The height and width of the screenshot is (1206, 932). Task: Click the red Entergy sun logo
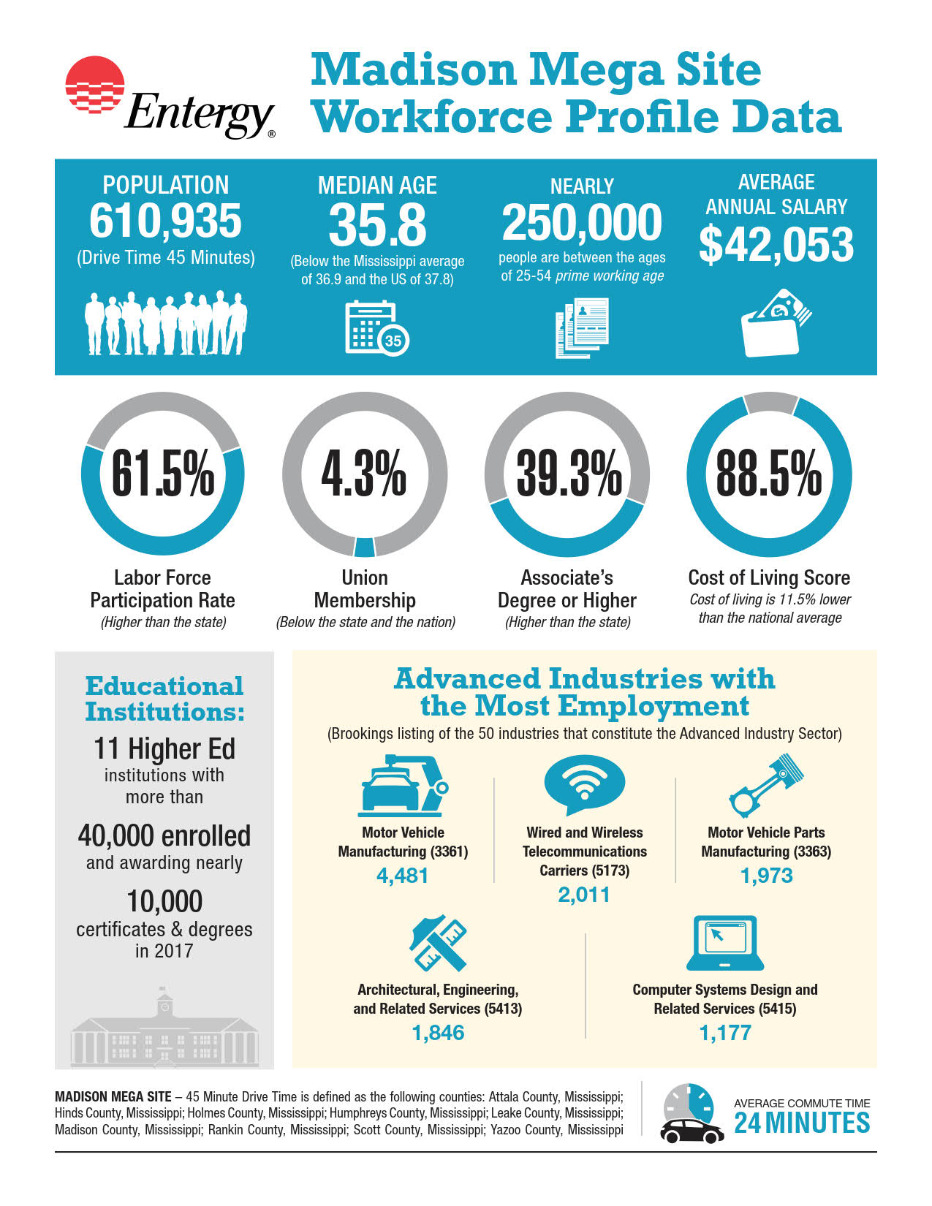tap(94, 84)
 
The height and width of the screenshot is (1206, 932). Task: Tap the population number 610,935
tap(165, 221)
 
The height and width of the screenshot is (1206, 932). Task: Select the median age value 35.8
tap(377, 225)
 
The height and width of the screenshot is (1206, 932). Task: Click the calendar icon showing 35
tap(377, 327)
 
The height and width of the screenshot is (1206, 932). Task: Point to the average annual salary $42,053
tap(776, 245)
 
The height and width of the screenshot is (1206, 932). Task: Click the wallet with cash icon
tap(776, 323)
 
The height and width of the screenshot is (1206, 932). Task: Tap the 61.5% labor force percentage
tap(162, 473)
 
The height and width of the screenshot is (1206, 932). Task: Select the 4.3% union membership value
tap(364, 473)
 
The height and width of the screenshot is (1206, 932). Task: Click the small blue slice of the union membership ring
tap(365, 547)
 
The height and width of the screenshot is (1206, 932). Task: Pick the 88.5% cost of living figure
tap(769, 473)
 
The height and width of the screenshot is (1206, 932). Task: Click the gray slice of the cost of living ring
tap(770, 402)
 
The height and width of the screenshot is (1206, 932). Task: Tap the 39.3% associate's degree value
tap(569, 473)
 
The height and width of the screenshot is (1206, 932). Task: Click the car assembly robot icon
tap(403, 785)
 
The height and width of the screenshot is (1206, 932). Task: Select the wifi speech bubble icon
tap(585, 784)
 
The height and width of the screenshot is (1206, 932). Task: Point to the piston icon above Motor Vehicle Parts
tap(766, 785)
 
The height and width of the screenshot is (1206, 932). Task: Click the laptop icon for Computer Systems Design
tap(725, 943)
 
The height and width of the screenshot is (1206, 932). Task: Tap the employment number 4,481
tap(403, 876)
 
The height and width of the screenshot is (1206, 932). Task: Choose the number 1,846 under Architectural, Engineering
tap(438, 1033)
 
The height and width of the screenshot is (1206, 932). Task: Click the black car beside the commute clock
tap(692, 1131)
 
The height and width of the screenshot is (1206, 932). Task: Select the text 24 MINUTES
tap(802, 1123)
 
